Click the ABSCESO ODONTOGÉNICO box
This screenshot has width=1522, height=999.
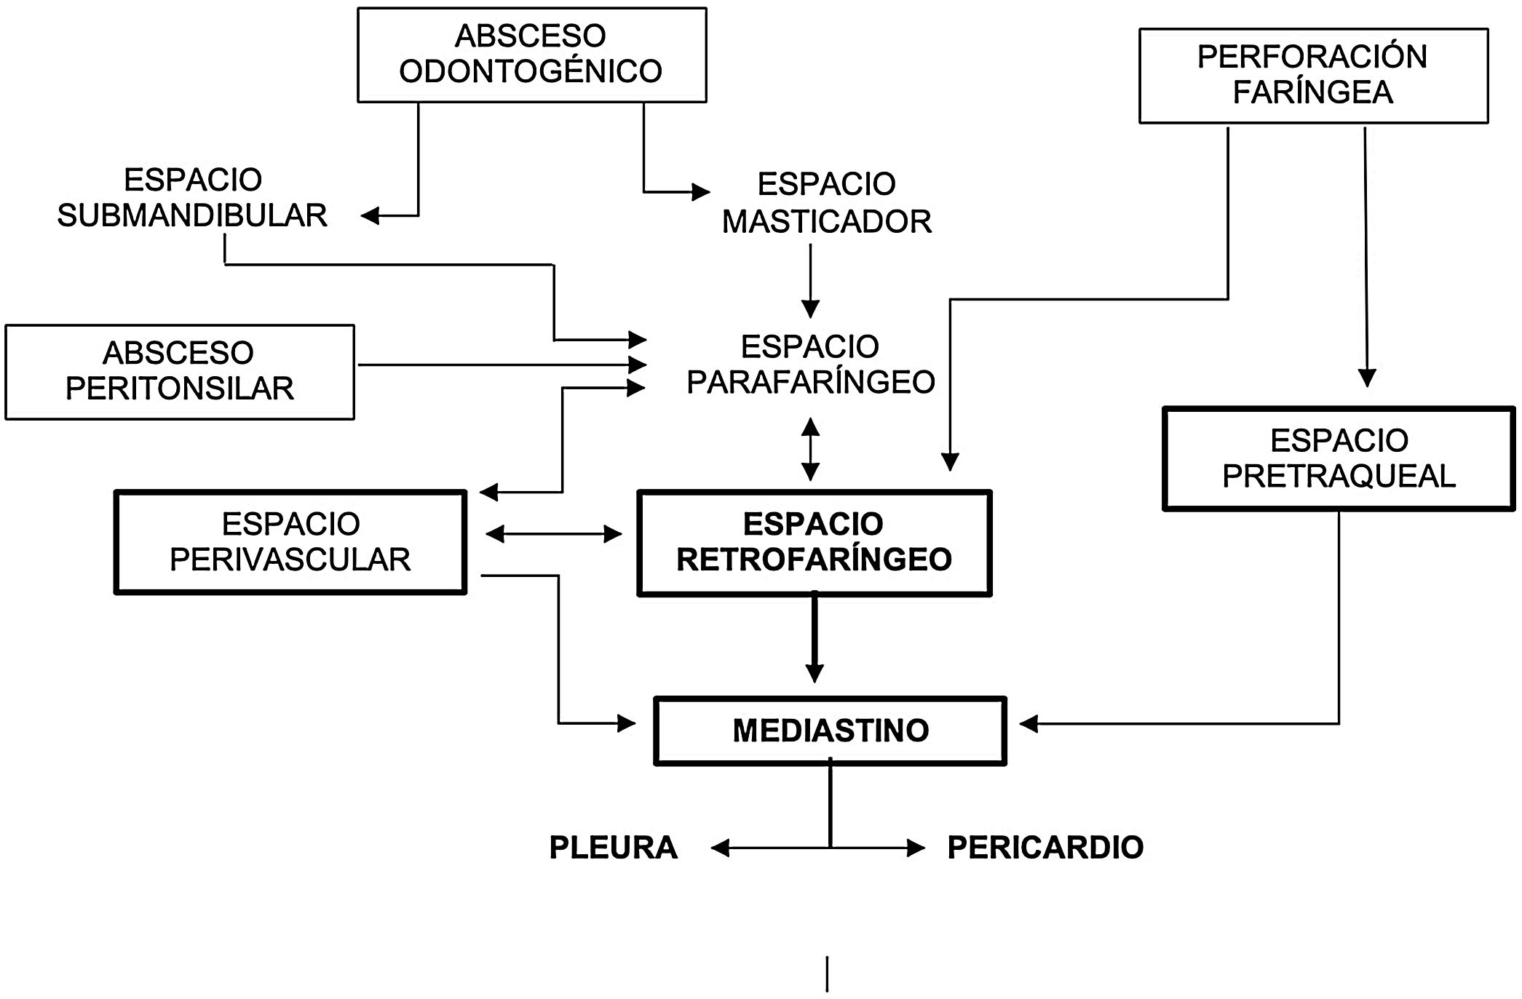point(531,55)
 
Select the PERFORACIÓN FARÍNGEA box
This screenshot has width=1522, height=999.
point(1312,76)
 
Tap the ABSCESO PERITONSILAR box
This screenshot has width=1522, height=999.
point(179,372)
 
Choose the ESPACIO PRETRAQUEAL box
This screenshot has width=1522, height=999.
point(1338,459)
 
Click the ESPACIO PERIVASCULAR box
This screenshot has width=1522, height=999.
point(290,542)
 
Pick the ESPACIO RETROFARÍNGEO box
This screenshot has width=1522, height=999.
point(814,543)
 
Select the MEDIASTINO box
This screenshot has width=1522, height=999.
point(830,731)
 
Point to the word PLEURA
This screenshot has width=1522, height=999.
point(613,848)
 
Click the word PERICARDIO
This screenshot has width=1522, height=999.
point(1045,848)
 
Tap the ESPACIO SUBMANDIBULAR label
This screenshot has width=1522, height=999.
point(192,198)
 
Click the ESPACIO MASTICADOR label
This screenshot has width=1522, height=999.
point(826,203)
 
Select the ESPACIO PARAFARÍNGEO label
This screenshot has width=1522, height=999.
point(810,365)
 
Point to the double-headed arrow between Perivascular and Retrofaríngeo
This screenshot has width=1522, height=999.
point(553,535)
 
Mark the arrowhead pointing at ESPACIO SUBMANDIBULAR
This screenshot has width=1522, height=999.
point(370,215)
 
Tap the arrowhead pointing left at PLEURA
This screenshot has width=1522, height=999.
point(720,848)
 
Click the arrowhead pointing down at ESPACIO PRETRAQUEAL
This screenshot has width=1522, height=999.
point(1367,378)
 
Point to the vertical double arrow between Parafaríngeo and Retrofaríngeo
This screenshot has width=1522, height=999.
point(810,449)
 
